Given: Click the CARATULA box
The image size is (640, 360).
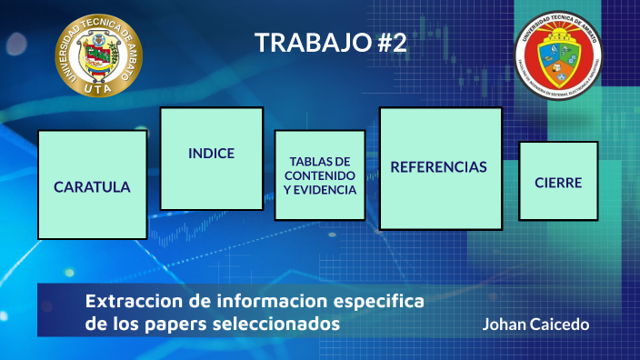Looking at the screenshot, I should click(x=92, y=185).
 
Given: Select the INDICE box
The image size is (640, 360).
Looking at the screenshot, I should click(x=211, y=158).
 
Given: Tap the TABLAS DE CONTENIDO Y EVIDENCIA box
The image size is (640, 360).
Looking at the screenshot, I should click(x=319, y=175).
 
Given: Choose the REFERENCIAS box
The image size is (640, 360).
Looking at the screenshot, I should click(x=440, y=168).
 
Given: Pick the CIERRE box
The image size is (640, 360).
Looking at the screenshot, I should click(x=557, y=182).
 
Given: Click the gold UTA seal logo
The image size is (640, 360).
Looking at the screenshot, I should click(x=98, y=55).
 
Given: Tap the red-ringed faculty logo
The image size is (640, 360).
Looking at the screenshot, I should click(x=558, y=57).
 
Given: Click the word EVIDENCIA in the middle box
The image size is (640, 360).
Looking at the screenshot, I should click(x=319, y=190).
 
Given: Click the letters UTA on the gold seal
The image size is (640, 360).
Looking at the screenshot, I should click(x=98, y=87).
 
